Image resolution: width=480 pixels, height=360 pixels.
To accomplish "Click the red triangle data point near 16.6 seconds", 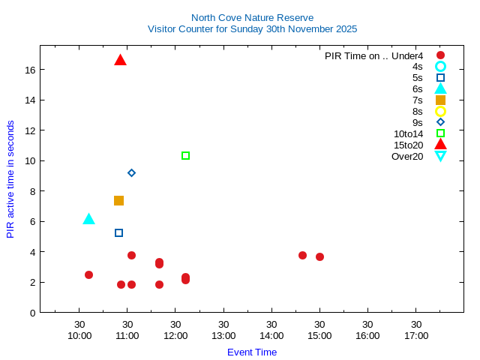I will (120, 60).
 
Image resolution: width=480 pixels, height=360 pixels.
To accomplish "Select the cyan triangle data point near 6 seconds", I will (88, 219).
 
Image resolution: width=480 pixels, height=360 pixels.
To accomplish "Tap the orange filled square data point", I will (118, 200).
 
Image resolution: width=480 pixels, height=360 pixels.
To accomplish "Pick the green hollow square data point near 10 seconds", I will (185, 156).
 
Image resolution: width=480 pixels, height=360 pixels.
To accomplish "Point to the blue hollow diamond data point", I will (131, 172).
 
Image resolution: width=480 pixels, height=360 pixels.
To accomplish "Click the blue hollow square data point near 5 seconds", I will (118, 233).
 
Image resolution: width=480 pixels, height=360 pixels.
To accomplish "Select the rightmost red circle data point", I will (319, 256).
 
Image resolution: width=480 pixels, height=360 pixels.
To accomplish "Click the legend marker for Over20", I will (440, 156).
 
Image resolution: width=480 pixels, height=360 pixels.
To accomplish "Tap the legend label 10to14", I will (408, 133).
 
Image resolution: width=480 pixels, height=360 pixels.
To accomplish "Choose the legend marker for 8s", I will (440, 111).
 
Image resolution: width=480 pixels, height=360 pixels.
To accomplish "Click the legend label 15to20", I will (408, 145).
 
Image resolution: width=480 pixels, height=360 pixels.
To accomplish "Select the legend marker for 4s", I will (440, 66).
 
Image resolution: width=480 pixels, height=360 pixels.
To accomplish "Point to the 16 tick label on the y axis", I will (30, 70).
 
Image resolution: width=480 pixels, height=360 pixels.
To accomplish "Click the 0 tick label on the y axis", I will (33, 313).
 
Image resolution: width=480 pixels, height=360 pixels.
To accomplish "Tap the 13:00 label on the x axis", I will (223, 335).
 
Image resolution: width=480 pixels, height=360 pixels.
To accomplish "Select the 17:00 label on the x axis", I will (416, 335).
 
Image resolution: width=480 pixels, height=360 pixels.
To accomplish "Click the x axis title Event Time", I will (252, 352).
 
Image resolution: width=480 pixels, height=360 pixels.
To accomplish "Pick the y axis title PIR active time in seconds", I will (10, 179).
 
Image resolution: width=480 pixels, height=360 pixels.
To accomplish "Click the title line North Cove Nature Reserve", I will (252, 17).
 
